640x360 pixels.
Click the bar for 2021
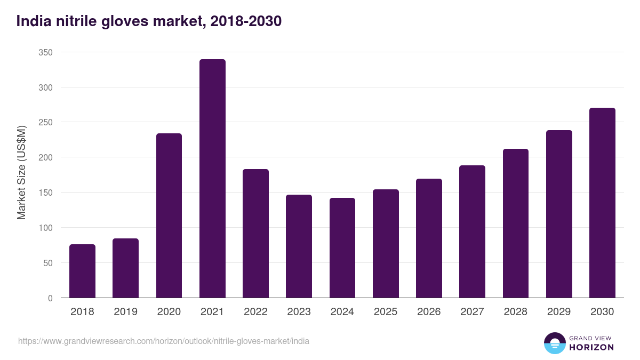point(212,179)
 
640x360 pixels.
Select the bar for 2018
point(82,271)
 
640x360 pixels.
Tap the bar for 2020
point(169,215)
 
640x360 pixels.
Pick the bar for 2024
point(342,248)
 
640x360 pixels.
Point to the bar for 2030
point(602,203)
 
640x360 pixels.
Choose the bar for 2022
point(255,234)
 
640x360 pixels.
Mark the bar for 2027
point(472,231)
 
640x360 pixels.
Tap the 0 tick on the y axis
point(50,298)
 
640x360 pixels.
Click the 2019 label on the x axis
point(126,312)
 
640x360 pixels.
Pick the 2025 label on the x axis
point(386,312)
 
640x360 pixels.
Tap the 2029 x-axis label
point(559,312)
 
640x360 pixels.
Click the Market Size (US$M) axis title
point(21,172)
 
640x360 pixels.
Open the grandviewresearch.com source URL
point(164,341)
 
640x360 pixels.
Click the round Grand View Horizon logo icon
point(555,343)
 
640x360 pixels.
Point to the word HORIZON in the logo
point(592,347)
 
